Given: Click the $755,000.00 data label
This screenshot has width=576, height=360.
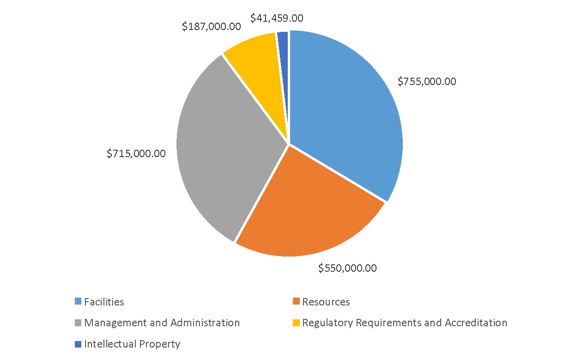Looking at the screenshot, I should (426, 82).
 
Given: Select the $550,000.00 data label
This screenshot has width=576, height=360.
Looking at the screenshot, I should (347, 268).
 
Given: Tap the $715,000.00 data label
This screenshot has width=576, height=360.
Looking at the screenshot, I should (136, 154).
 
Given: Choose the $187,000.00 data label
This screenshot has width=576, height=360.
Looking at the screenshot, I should (211, 26).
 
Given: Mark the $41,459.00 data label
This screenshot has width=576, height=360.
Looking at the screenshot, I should (276, 18).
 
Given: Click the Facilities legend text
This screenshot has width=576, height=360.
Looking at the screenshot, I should (104, 302).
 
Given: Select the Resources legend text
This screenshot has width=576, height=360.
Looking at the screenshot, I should (326, 302).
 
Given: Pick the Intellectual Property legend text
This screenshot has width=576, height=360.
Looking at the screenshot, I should (132, 344).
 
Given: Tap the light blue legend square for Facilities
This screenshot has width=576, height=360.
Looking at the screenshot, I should (78, 302).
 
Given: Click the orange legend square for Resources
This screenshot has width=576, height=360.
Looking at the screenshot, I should (296, 302).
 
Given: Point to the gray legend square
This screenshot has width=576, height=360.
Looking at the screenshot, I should (78, 323).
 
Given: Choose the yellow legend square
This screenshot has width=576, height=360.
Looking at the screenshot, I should (296, 323).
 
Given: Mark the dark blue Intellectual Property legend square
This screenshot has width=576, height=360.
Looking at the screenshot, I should (78, 344).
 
